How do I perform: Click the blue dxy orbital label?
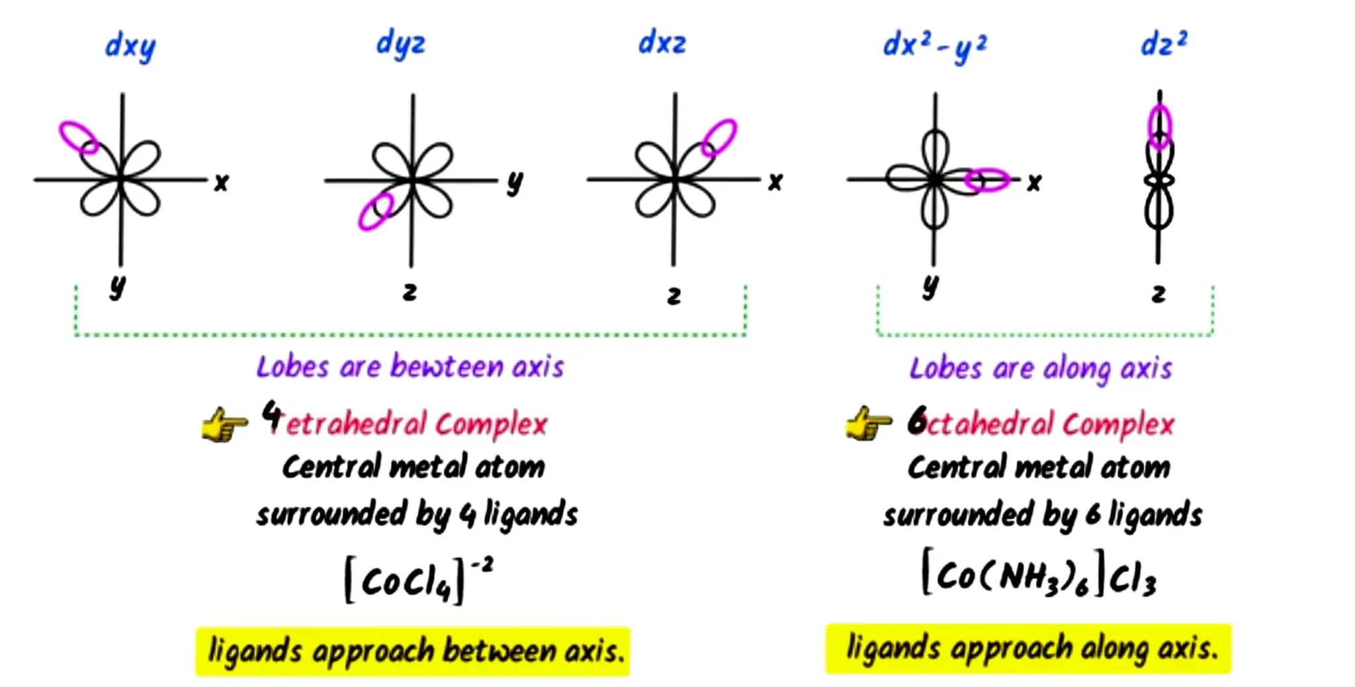point(130,47)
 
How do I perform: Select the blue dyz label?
point(400,44)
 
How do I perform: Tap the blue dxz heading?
point(662,43)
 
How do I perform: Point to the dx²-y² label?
point(934,46)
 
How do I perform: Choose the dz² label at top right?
point(1164,44)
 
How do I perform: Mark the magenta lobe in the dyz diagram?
point(375,210)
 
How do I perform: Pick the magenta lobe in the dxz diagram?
point(719,138)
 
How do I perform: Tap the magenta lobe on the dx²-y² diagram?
point(987,180)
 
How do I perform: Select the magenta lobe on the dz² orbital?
point(1159,126)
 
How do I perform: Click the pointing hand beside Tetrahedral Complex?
point(224,424)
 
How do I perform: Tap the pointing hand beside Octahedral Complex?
point(867,424)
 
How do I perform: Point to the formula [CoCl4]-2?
point(417,579)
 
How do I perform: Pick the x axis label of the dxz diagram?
point(775,181)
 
